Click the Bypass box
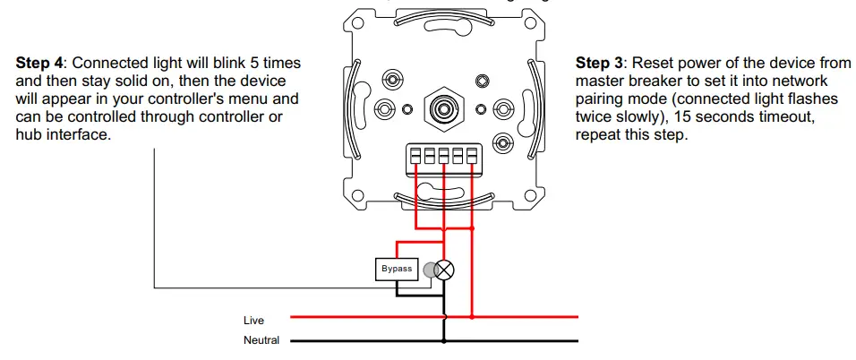397,269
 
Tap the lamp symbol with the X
444,269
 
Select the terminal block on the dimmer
442,157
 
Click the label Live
253,320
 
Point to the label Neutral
261,340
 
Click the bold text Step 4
41,64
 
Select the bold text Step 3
600,64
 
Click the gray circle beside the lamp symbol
430,269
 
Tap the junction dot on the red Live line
472,316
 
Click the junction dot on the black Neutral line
444,340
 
